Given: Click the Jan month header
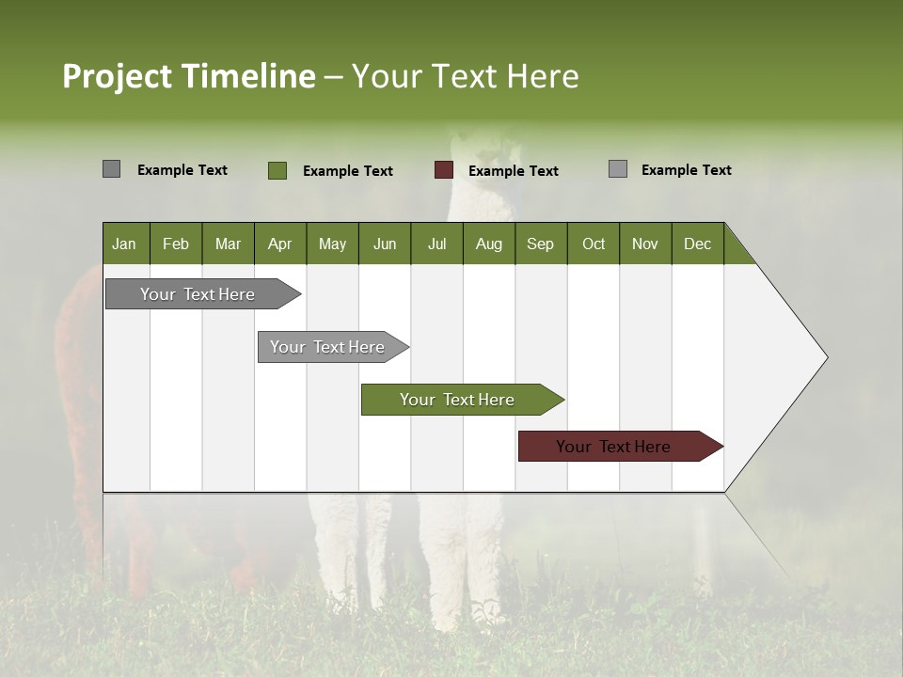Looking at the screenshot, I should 124,244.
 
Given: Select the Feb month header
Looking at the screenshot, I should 176,244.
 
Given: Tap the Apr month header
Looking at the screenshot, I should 279,244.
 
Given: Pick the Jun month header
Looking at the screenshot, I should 384,244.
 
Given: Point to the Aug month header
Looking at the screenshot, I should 488,244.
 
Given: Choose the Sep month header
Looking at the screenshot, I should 540,244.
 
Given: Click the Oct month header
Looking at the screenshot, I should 594,244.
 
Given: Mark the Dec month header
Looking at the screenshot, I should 697,244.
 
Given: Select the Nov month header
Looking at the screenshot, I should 644,244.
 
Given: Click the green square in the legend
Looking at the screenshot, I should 277,170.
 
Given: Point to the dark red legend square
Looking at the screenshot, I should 443,170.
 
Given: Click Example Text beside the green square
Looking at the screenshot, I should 347,171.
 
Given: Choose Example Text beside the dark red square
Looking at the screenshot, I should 513,171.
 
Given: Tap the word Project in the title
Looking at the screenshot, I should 118,76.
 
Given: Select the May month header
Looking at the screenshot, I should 332,244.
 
